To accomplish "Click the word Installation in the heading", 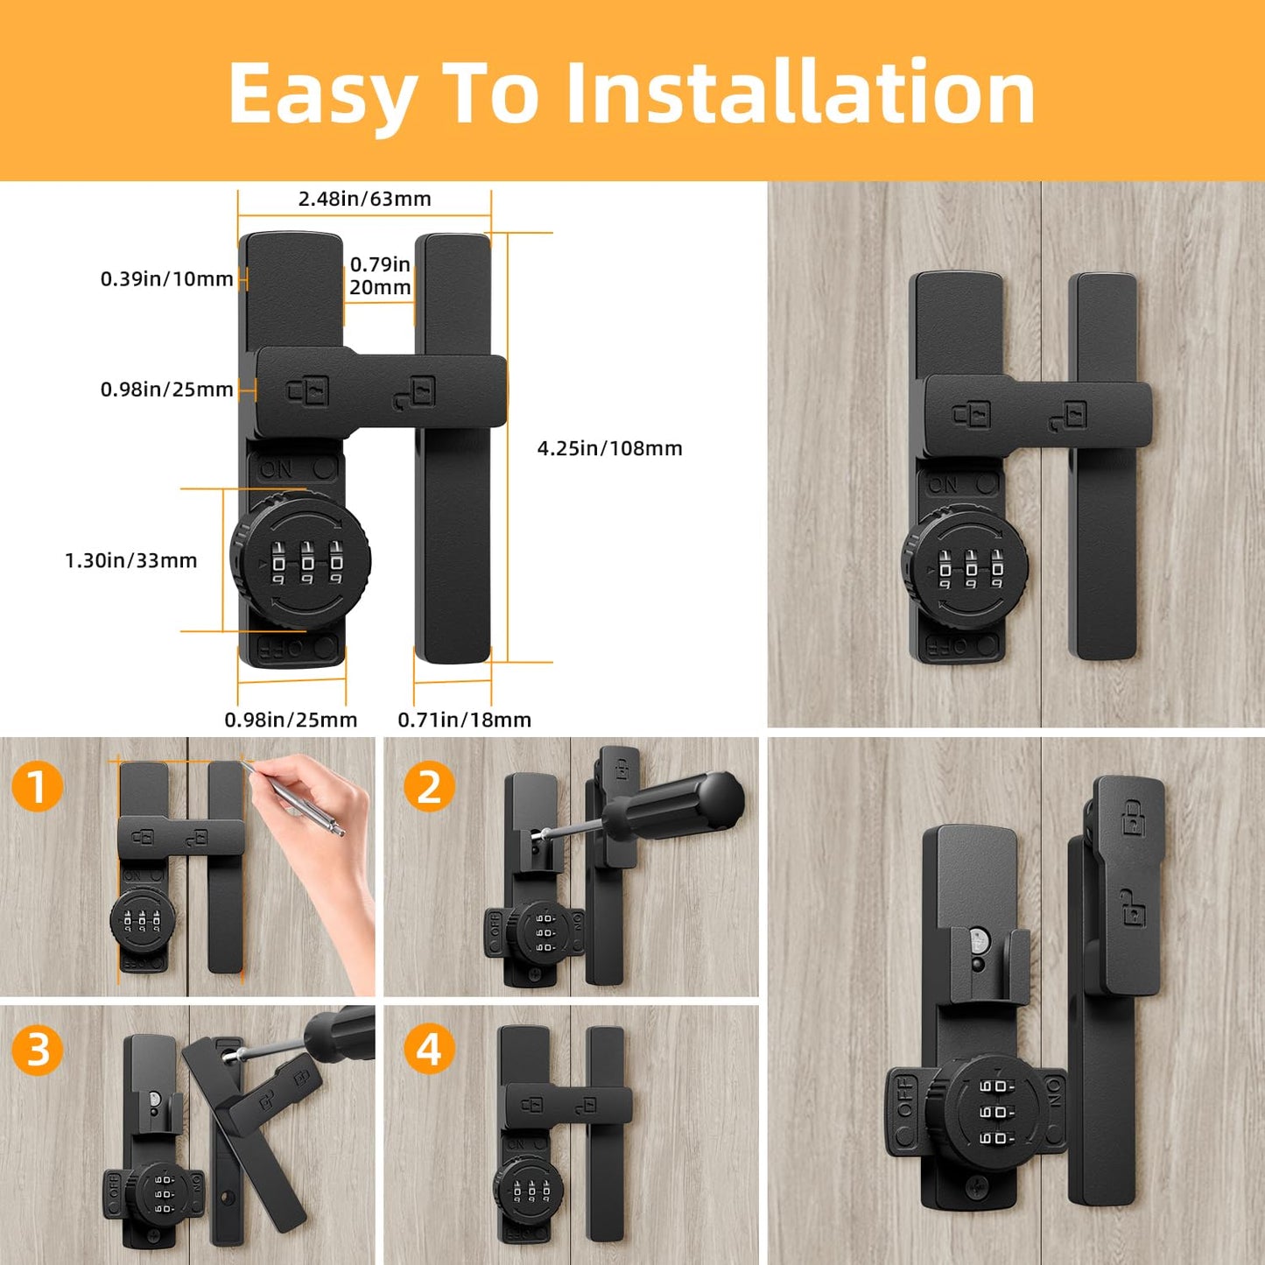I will [x=800, y=93].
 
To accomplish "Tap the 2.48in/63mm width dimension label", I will [x=364, y=199].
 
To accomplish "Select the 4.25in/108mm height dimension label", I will [x=609, y=448].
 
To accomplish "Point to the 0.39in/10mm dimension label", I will [x=166, y=279].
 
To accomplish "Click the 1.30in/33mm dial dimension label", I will [x=131, y=560].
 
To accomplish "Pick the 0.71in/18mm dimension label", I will [x=464, y=720].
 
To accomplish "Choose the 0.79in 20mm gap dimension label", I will [x=380, y=276].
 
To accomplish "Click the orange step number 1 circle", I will [x=37, y=786].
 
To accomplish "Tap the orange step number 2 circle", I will [x=428, y=786].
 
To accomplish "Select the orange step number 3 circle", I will [x=37, y=1049].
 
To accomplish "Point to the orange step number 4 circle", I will [x=428, y=1049].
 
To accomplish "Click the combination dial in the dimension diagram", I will [x=300, y=559].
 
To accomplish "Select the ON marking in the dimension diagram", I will [x=277, y=469].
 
